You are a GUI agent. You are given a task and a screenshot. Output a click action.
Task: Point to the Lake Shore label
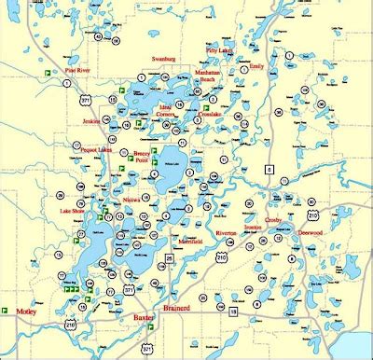point(73,212)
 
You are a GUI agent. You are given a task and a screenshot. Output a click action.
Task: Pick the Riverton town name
point(227,233)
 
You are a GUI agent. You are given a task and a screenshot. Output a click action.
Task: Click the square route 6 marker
point(268,169)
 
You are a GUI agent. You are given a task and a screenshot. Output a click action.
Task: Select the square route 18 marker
point(234,312)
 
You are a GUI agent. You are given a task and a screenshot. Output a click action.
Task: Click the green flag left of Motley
point(7,310)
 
